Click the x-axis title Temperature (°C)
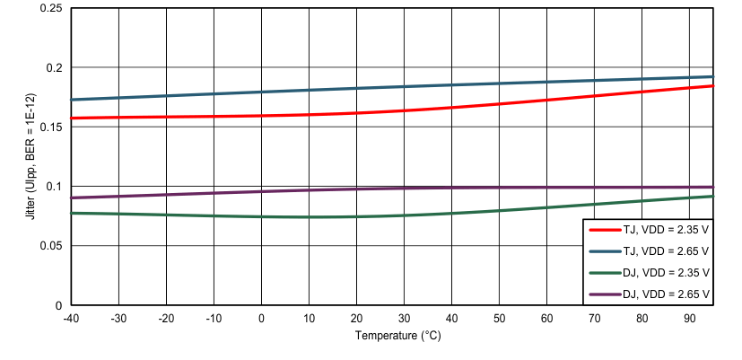(x=398, y=337)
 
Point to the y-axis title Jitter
(x=31, y=156)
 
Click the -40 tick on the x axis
(x=71, y=318)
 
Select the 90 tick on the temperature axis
(x=689, y=318)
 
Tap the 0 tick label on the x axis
(x=261, y=318)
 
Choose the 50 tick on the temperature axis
(x=499, y=318)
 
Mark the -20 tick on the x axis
(x=166, y=318)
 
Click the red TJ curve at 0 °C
(x=261, y=116)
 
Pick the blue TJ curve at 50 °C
(x=499, y=83)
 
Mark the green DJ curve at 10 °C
(x=309, y=217)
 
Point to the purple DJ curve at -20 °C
(x=166, y=195)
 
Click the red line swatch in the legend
(x=607, y=230)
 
